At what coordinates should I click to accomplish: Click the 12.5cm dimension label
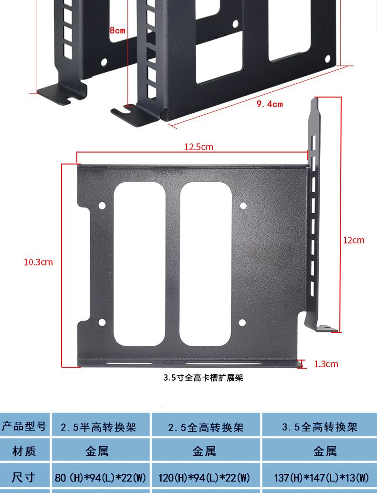[199, 147]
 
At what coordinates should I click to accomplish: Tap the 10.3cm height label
[38, 262]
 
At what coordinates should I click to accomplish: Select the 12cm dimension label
[354, 240]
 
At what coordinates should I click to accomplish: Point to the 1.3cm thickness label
[326, 364]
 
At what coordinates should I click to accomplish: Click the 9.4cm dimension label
[270, 104]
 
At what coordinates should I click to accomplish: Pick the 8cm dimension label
[117, 31]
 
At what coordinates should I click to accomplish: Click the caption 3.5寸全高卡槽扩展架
[203, 378]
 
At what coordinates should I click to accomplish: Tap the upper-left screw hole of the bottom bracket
[102, 206]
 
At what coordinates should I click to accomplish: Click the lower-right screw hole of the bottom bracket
[242, 323]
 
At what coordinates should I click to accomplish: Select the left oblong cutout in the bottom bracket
[139, 264]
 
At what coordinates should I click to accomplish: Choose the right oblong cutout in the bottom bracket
[206, 264]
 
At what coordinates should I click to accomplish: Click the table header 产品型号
[24, 427]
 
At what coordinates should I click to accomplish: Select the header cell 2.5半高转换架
[98, 427]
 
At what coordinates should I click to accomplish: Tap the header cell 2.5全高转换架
[206, 427]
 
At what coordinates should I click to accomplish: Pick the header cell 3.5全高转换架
[320, 427]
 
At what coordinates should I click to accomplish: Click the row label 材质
[24, 451]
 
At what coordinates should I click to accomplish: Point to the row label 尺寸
[23, 478]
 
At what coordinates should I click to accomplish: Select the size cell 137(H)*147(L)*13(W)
[321, 478]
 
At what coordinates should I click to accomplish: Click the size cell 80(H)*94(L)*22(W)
[100, 478]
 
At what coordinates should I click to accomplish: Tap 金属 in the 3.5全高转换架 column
[325, 451]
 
